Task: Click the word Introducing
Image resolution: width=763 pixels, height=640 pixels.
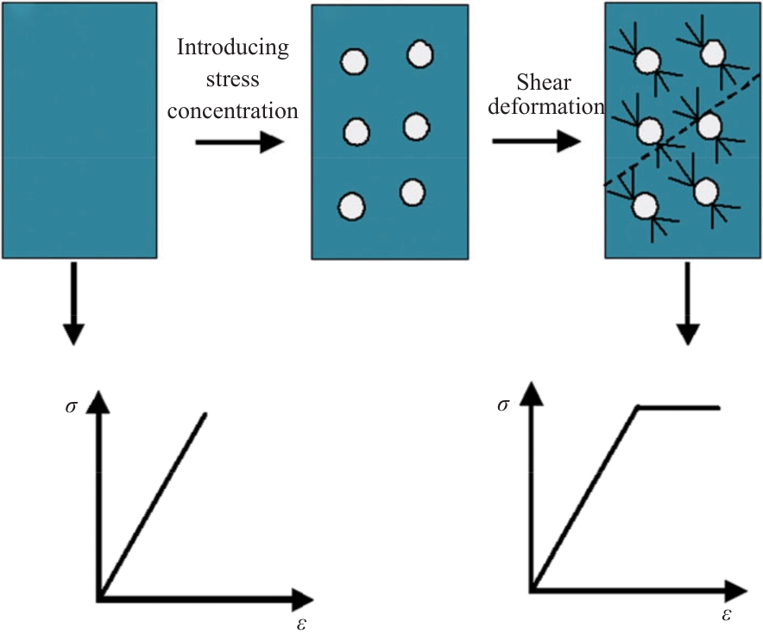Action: pos(233,47)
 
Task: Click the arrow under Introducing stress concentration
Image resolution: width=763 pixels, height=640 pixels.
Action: pos(239,141)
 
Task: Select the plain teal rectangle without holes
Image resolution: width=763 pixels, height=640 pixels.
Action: pos(79,129)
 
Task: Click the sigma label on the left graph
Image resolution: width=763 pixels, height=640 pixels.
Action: pos(70,405)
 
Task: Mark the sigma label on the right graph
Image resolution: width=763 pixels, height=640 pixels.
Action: pos(502,405)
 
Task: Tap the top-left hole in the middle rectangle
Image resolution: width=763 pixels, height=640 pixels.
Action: pos(355,62)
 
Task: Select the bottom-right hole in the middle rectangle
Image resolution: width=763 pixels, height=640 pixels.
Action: pos(413,191)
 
